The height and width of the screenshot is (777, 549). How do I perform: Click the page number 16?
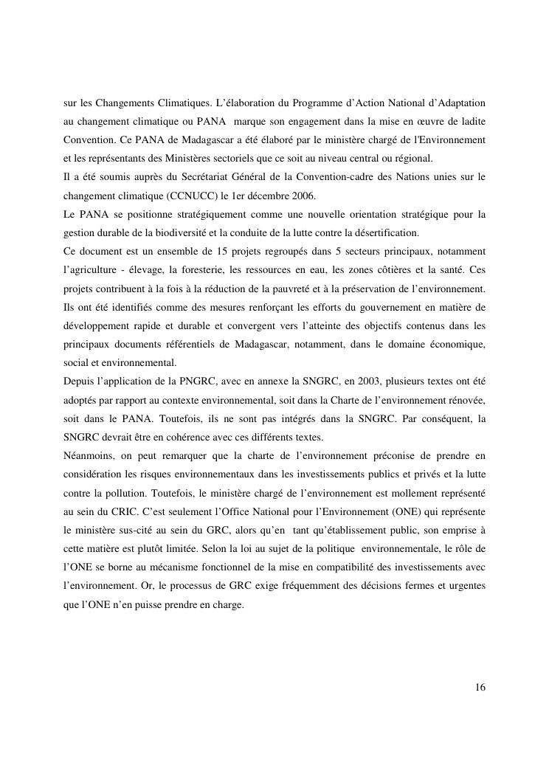pyautogui.click(x=480, y=688)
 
